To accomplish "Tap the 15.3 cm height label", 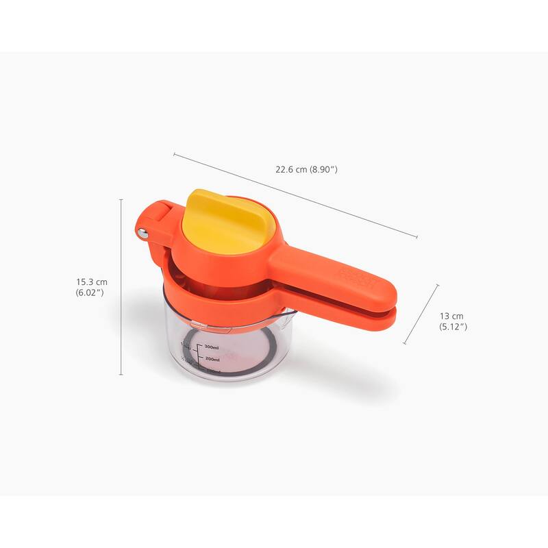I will [x=92, y=282].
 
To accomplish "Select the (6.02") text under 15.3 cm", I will [x=90, y=292].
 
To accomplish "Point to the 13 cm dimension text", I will [x=451, y=316].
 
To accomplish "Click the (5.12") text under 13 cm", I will [x=453, y=327].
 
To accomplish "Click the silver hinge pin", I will [x=142, y=234].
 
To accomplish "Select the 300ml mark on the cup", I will [x=211, y=347].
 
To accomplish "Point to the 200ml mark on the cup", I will [x=211, y=359].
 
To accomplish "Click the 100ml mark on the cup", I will [x=213, y=371].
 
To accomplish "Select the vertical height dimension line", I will [x=121, y=288].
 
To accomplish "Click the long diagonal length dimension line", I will [x=295, y=195].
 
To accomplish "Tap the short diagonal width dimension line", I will [x=420, y=314].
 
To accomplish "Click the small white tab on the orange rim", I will [x=196, y=320].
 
